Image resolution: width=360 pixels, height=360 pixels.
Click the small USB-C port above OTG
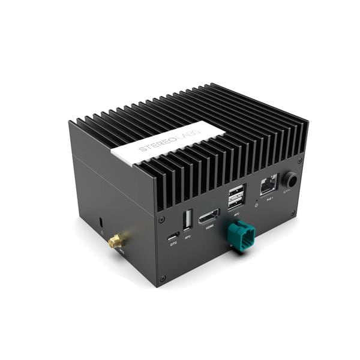click(173, 235)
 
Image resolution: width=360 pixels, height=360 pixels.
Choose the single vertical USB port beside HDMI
click(187, 220)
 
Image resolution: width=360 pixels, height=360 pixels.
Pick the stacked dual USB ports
click(236, 197)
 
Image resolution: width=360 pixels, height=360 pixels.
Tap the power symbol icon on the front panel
click(256, 205)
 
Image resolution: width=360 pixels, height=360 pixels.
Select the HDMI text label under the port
click(210, 227)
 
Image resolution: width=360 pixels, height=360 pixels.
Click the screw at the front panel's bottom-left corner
click(162, 278)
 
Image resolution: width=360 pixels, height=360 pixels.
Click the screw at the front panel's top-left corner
click(161, 220)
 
